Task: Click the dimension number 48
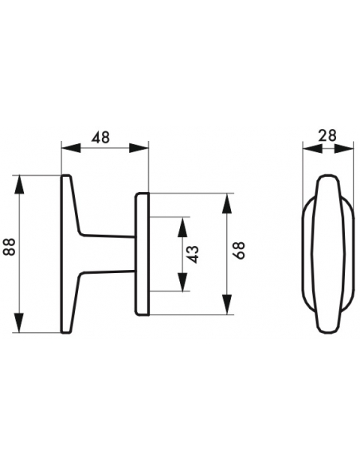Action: click(100, 137)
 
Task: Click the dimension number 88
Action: click(10, 247)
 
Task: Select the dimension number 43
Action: click(194, 254)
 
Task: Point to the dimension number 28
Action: click(327, 135)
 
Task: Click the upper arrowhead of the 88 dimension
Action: click(19, 185)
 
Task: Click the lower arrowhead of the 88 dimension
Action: click(19, 322)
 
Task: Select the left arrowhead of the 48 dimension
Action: click(71, 148)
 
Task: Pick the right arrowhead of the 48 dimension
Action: click(139, 148)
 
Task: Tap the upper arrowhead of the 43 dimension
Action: click(182, 228)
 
